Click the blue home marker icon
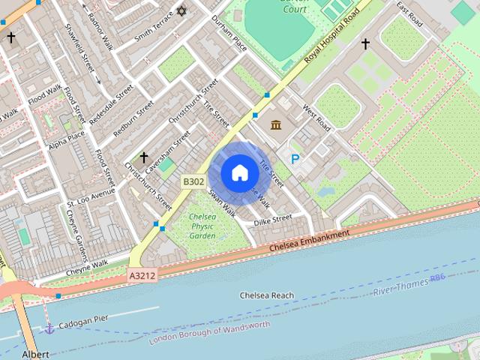[239, 173]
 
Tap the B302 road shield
[193, 181]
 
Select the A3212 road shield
[142, 276]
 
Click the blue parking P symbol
[295, 159]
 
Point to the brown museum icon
[276, 124]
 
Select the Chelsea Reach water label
[266, 295]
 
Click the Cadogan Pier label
[84, 318]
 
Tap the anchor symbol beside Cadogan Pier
[49, 328]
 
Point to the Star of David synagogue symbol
[181, 11]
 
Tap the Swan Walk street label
[223, 203]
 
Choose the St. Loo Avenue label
[91, 197]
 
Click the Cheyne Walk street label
[87, 264]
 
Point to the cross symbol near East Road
[366, 44]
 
